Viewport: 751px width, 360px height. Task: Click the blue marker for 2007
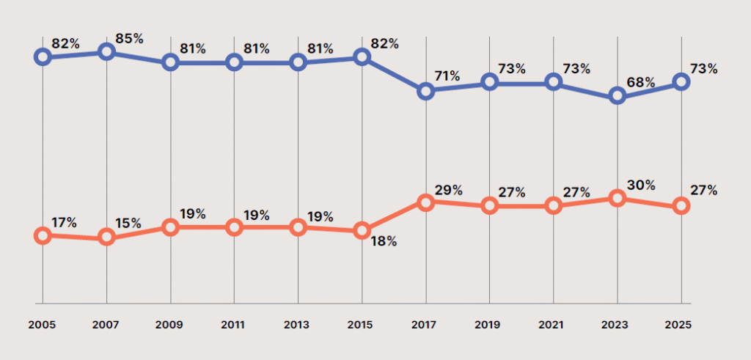[x=107, y=51]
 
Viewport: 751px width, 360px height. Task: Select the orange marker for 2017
[x=426, y=201]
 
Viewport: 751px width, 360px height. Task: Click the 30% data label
[x=640, y=185]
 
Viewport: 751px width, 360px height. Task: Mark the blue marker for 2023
[x=618, y=96]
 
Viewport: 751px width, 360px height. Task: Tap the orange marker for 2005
[x=43, y=235]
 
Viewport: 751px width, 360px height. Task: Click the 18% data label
[x=382, y=240]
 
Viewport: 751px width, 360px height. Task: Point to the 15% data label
[x=128, y=222]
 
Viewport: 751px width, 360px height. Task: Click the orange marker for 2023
[x=618, y=198]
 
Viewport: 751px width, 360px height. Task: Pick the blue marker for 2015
[x=362, y=56]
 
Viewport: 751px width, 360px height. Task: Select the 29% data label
[x=447, y=190]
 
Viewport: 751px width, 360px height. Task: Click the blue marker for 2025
[x=681, y=82]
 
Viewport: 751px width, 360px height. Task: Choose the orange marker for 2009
[x=171, y=227]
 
